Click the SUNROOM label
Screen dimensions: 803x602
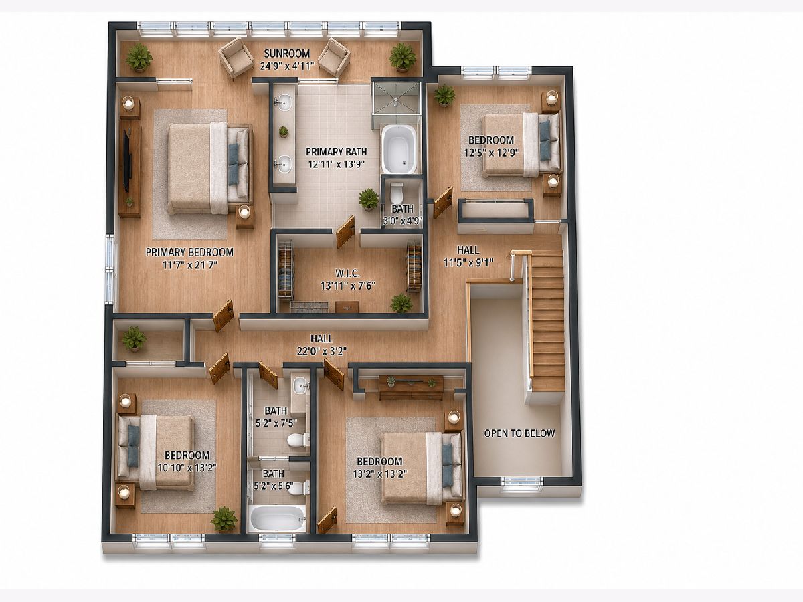(x=287, y=54)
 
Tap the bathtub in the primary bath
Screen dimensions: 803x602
(x=398, y=148)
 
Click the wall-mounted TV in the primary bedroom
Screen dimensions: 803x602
(x=128, y=161)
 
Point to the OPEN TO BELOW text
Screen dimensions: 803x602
(x=519, y=433)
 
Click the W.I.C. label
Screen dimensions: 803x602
(x=347, y=273)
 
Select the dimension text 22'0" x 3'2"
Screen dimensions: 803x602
(x=322, y=351)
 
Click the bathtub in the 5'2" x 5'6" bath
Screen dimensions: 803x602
(x=277, y=518)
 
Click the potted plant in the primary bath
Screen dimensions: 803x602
(x=369, y=199)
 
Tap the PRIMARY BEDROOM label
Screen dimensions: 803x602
(x=189, y=252)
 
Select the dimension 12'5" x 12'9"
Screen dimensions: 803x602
(x=491, y=152)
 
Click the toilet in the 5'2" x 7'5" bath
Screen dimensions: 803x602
(x=298, y=440)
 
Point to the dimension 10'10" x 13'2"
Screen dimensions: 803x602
(x=187, y=468)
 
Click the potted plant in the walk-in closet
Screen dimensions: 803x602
(x=401, y=303)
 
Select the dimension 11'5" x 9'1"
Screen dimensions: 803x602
(x=468, y=262)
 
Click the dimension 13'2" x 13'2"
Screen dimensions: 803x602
(x=379, y=474)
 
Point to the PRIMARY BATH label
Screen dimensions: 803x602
(x=336, y=152)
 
